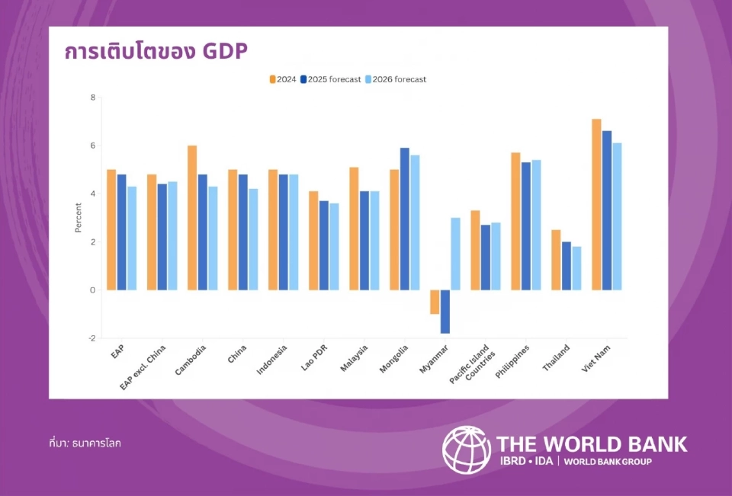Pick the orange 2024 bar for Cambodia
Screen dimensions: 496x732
(192, 218)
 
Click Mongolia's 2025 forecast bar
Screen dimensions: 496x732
(405, 219)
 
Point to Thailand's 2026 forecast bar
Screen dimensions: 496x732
(576, 268)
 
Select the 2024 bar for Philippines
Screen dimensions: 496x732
(515, 221)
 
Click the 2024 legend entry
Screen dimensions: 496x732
(283, 79)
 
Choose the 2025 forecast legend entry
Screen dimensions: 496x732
(331, 79)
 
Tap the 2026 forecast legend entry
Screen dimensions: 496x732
(396, 79)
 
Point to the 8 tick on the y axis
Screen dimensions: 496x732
(92, 98)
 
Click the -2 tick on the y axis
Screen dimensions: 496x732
(91, 338)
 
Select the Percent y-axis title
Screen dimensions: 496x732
(78, 218)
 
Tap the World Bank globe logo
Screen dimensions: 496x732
(466, 449)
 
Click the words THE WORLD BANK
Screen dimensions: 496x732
(592, 443)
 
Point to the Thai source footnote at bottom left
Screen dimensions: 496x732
(85, 443)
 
